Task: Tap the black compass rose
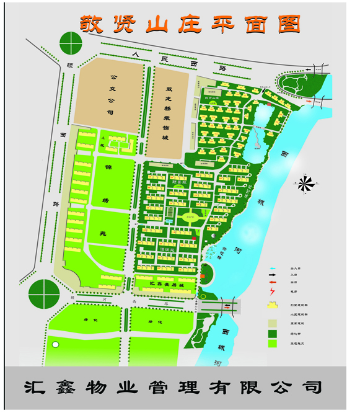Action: [x=304, y=184]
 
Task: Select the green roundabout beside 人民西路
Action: [x=71, y=45]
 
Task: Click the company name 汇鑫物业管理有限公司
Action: [x=174, y=388]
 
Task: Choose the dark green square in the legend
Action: [x=273, y=333]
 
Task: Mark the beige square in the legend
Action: [x=273, y=323]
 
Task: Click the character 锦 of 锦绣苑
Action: [x=108, y=167]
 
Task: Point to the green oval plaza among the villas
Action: [x=191, y=218]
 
